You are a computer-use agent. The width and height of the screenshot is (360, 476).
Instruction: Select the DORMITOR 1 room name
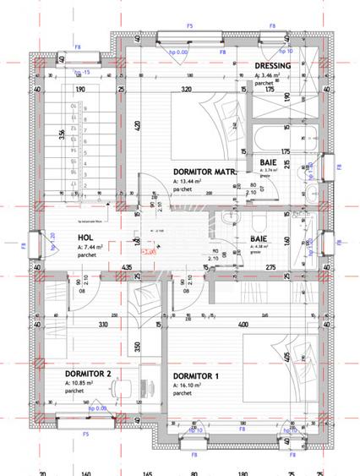196,375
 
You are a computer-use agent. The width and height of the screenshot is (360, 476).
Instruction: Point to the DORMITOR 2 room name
89,372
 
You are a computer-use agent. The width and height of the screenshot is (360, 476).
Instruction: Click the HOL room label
85,238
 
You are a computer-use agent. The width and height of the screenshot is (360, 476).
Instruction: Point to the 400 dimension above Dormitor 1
243,324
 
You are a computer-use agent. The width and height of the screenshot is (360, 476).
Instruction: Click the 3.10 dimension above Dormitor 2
102,324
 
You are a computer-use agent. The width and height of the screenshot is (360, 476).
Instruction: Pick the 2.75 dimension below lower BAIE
271,268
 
